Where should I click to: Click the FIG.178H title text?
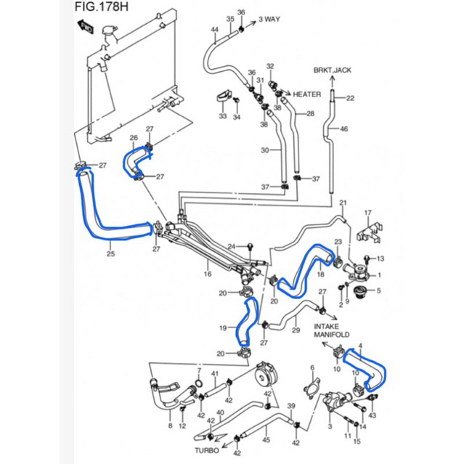[102, 9]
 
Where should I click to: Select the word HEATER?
[308, 94]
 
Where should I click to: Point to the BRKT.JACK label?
[332, 70]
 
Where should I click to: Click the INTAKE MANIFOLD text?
[332, 332]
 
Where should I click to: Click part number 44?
[214, 30]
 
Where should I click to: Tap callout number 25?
[111, 253]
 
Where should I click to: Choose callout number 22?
[350, 98]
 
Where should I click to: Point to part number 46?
[344, 129]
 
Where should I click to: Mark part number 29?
[296, 330]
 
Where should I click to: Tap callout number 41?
[215, 374]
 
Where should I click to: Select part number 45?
[266, 439]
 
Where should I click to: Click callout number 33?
[223, 116]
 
